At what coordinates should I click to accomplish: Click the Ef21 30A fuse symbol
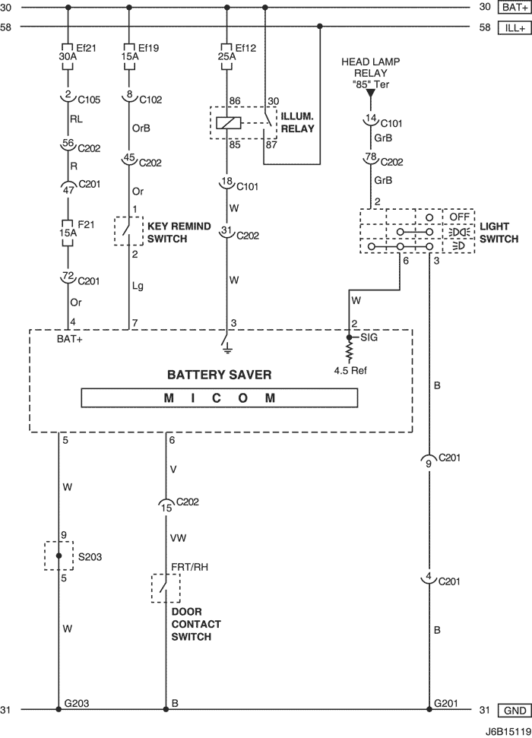click(68, 56)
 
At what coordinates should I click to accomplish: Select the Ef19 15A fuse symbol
click(129, 56)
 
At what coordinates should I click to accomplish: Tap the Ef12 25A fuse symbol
click(227, 56)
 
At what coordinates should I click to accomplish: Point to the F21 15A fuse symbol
click(68, 233)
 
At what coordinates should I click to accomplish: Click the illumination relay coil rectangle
click(228, 123)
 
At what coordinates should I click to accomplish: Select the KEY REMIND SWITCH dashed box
click(128, 230)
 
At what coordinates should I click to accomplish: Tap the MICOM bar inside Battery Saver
click(220, 398)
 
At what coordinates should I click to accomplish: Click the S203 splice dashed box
click(59, 556)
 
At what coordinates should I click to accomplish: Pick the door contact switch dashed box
click(166, 588)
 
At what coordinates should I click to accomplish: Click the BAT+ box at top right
click(515, 7)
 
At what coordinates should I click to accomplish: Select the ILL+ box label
click(515, 28)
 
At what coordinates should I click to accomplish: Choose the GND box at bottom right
click(515, 710)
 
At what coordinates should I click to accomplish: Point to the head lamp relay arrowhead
click(371, 93)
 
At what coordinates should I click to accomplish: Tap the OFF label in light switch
click(459, 217)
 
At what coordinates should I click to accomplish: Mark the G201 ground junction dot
click(429, 709)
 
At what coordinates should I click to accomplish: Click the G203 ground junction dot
click(59, 709)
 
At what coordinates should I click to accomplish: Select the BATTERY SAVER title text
click(220, 375)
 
